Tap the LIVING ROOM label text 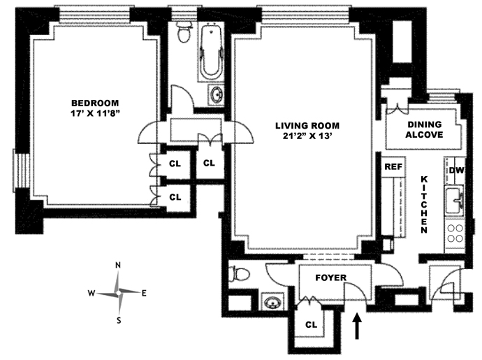[305, 125]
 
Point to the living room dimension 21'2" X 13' [305, 137]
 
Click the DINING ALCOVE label [425, 129]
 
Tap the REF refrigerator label [392, 168]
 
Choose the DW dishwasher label [457, 170]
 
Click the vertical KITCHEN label [424, 203]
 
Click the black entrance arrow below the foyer [359, 326]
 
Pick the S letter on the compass [119, 321]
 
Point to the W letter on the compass [92, 294]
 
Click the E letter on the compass [144, 293]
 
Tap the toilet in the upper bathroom [184, 32]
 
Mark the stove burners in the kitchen [455, 232]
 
